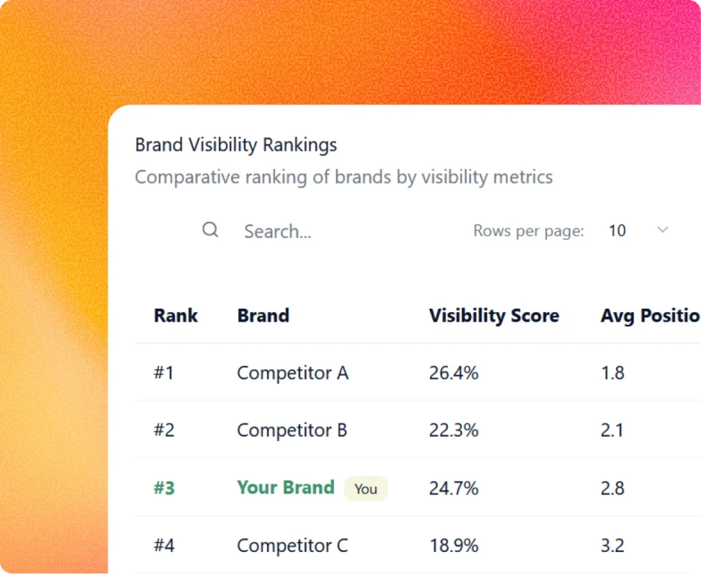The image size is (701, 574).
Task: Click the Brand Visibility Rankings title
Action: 235,145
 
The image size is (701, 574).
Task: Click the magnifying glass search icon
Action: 210,230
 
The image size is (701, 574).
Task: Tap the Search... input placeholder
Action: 277,232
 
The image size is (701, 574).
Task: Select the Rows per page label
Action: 528,231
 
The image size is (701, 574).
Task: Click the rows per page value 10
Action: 617,231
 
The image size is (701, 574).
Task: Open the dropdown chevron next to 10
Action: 662,230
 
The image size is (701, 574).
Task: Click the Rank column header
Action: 176,316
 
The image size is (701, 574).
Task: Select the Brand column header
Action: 263,316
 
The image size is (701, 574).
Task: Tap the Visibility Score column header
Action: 494,316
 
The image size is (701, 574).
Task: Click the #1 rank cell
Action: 164,373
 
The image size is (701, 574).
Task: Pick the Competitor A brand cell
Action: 292,373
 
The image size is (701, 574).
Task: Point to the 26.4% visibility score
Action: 453,373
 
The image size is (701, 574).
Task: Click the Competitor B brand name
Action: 292,430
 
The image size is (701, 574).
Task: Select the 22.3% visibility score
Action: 453,430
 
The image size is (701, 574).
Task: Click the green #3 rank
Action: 164,488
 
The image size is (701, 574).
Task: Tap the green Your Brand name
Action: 285,488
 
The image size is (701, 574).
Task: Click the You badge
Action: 366,489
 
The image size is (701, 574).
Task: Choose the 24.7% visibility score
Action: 453,488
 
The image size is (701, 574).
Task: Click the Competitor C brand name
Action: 292,546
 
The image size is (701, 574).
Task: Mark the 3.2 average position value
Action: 612,546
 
